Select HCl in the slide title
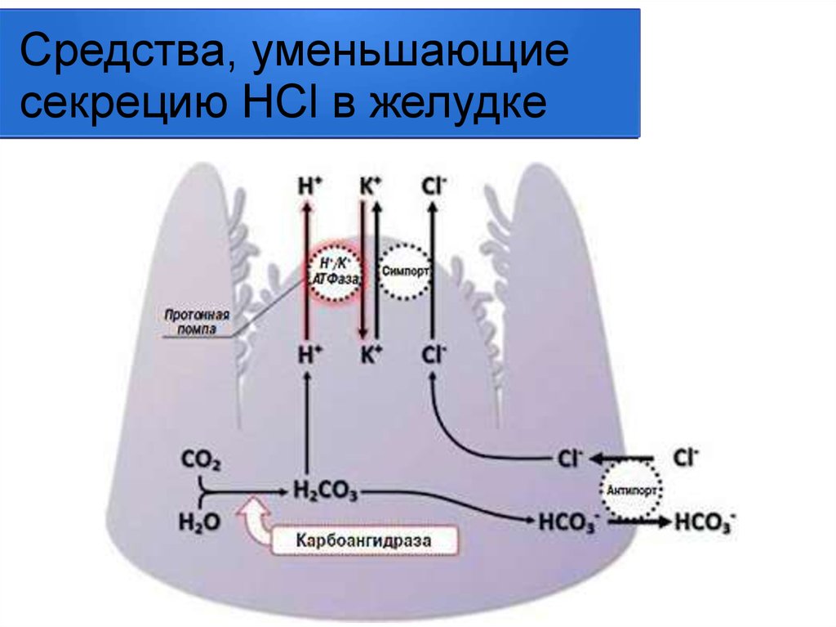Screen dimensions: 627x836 279,105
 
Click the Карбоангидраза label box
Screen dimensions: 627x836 363,540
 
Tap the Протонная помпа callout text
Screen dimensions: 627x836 195,321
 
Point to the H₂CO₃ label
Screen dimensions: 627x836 324,491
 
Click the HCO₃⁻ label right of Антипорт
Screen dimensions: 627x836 705,521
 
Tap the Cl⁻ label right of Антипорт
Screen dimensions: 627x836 687,457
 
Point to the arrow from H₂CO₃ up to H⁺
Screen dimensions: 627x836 306,425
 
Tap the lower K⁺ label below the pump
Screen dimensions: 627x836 370,354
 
